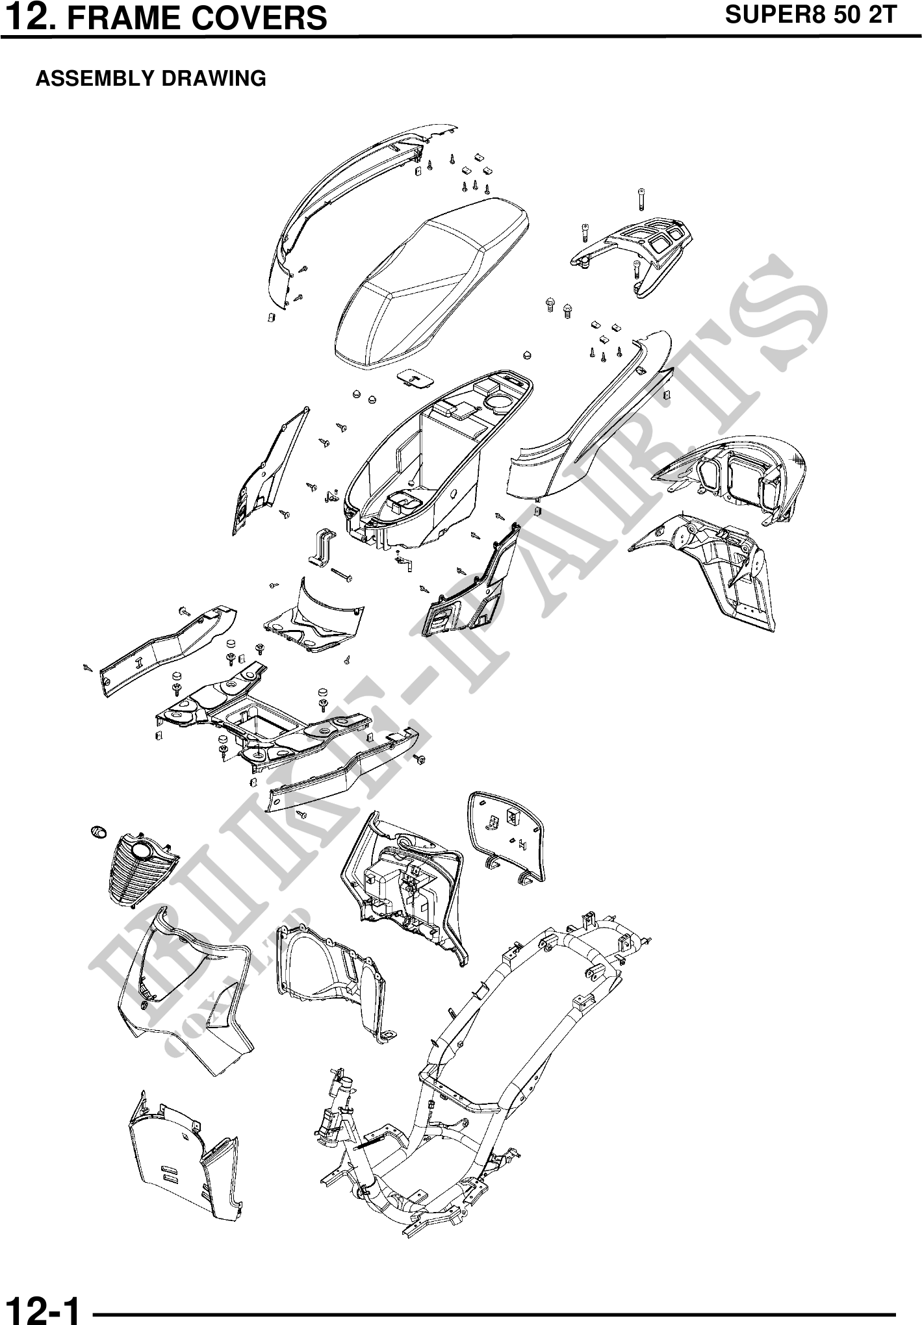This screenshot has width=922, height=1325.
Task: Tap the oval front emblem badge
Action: click(97, 831)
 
